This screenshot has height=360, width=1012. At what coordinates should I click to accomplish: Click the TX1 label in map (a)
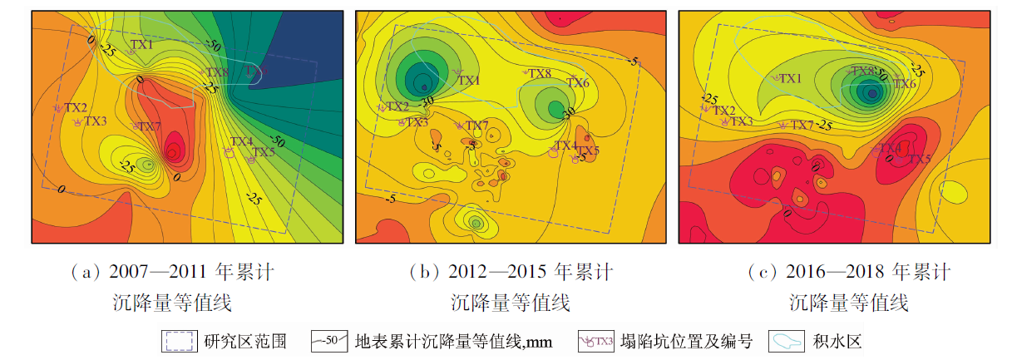coord(142,44)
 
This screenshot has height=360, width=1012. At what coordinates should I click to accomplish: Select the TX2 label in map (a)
coord(77,107)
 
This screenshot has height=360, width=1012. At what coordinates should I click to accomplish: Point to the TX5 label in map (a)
coord(264,152)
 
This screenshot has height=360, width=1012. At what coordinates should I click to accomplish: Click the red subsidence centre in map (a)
coord(173,152)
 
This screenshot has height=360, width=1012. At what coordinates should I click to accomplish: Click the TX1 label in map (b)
coord(469,80)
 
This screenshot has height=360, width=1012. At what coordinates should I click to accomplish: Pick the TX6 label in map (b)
coord(578,82)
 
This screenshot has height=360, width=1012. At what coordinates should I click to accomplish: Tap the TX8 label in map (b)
coord(541,74)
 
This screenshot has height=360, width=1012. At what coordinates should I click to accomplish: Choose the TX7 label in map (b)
coord(476,126)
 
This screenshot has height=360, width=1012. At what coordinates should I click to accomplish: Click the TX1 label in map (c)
coord(789,77)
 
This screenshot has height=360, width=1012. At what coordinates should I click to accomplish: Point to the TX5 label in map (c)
coord(919,159)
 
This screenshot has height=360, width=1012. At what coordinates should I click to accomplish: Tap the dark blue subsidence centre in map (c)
coord(871,93)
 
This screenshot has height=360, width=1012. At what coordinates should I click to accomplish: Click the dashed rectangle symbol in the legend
coord(179,341)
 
